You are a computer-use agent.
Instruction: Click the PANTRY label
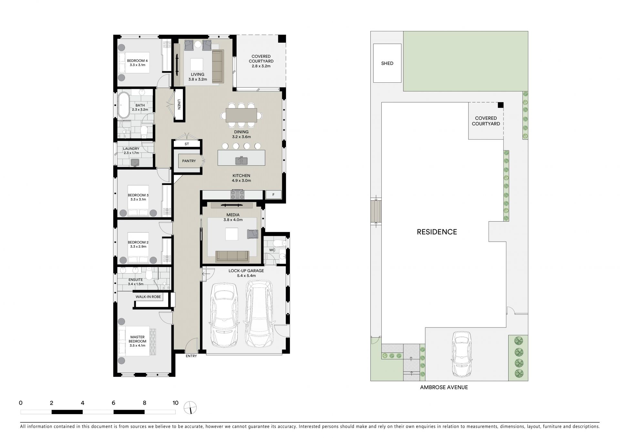189,161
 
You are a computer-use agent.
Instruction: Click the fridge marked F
274,194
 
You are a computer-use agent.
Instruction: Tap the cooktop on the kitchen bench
237,194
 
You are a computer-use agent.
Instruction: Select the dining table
241,115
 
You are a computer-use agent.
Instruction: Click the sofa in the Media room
232,256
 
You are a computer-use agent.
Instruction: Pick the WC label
272,250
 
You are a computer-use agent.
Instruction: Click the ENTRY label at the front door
191,356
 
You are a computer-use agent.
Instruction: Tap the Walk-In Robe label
148,297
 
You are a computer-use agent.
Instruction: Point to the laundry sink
135,162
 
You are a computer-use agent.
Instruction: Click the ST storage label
187,144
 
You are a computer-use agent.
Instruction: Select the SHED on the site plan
387,63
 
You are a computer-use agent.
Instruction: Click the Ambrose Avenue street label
444,387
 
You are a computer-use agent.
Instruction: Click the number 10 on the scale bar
175,403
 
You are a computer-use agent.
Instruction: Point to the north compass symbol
191,408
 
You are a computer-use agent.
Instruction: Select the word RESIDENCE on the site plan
437,232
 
